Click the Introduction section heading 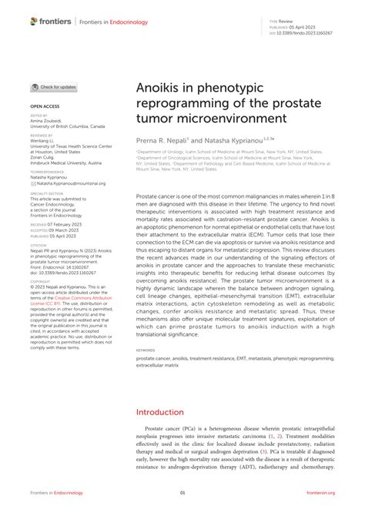pyautogui.click(x=167, y=413)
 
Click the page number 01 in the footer pyautogui.click(x=182, y=492)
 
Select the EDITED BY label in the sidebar pyautogui.click(x=39, y=115)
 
